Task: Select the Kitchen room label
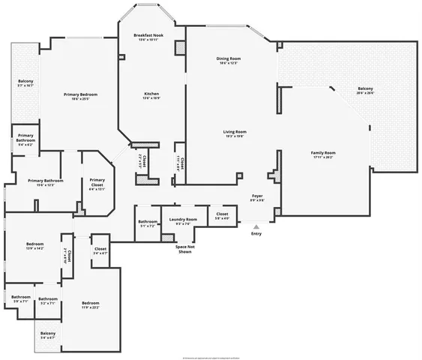click(151, 96)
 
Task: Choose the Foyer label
click(257, 197)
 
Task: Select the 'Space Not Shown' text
click(184, 249)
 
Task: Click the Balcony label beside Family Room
click(365, 90)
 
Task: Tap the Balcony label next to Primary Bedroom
click(25, 83)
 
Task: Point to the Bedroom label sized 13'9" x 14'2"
click(34, 246)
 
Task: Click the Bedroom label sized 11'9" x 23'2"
click(90, 304)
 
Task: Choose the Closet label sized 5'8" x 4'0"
click(222, 216)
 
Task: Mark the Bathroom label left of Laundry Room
click(147, 223)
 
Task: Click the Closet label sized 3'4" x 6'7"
click(100, 250)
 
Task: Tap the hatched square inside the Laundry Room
click(168, 237)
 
